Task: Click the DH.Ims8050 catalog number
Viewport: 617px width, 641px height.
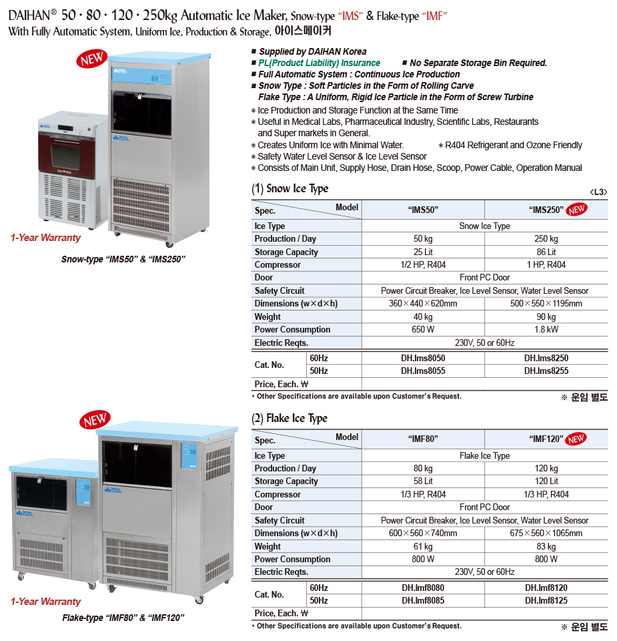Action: point(423,359)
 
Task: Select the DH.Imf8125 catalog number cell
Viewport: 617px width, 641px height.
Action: point(546,601)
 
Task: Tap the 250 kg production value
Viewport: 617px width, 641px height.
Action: point(546,239)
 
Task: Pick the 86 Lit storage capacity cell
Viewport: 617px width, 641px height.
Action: point(546,252)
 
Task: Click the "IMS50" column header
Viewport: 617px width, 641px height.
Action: point(423,210)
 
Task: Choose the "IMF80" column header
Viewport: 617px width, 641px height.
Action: point(423,439)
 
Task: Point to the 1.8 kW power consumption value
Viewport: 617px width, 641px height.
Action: point(546,330)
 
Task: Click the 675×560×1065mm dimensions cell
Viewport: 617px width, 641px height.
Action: point(546,533)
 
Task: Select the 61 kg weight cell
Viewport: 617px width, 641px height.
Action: point(423,547)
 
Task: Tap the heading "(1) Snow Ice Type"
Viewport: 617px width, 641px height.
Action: point(290,189)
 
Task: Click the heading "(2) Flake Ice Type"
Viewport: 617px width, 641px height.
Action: point(289,419)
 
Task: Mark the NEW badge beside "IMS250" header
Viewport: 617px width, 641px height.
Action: point(576,210)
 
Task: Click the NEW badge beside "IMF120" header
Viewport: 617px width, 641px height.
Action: point(576,439)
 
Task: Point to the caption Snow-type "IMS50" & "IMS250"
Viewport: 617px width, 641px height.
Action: point(123,259)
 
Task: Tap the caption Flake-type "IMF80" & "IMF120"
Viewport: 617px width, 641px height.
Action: point(123,618)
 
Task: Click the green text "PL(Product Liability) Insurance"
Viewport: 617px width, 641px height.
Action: point(320,63)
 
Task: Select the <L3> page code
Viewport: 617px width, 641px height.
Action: point(598,192)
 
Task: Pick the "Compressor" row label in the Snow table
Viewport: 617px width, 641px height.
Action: point(277,265)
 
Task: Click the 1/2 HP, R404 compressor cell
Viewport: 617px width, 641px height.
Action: point(423,265)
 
